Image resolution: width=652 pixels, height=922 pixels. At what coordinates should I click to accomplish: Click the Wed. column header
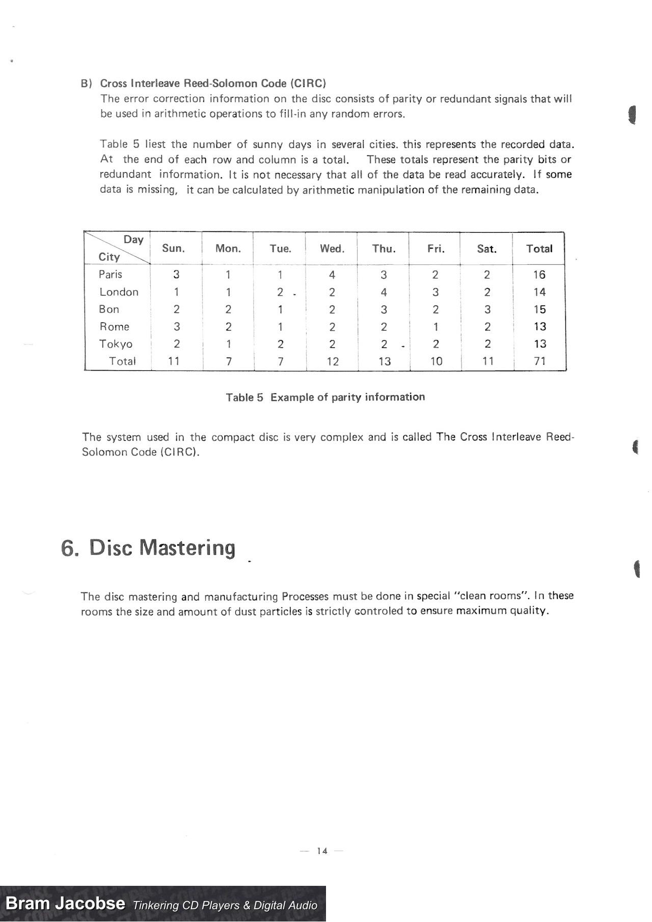332,249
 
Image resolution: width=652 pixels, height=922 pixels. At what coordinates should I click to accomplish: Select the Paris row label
111,275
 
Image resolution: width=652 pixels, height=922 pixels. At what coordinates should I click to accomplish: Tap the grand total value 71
540,361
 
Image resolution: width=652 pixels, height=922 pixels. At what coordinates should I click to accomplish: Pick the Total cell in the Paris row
539,275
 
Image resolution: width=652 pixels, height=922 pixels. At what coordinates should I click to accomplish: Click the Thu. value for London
384,292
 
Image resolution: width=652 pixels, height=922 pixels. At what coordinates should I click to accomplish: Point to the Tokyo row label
116,344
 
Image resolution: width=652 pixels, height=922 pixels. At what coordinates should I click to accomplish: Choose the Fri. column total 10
436,361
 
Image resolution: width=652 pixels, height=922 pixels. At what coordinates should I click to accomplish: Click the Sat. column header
486,249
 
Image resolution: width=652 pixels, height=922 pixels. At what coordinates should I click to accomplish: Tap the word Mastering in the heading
187,548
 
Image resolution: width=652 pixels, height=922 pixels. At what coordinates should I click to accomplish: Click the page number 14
322,851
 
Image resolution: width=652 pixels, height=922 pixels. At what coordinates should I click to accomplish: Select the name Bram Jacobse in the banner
65,904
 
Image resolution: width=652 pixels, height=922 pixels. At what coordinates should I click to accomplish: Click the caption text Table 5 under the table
244,397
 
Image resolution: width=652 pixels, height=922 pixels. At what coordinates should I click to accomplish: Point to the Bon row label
109,309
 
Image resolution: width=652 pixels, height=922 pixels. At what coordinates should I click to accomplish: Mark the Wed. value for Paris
332,275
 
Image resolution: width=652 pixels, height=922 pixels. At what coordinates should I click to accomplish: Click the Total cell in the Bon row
540,309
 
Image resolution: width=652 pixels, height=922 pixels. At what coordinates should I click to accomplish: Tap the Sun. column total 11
174,361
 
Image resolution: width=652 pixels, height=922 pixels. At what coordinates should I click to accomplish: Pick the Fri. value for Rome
436,327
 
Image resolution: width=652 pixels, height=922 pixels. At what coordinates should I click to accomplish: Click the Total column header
539,249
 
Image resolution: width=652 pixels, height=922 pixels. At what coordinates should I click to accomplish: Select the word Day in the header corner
133,239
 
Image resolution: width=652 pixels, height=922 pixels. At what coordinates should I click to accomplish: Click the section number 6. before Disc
70,549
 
